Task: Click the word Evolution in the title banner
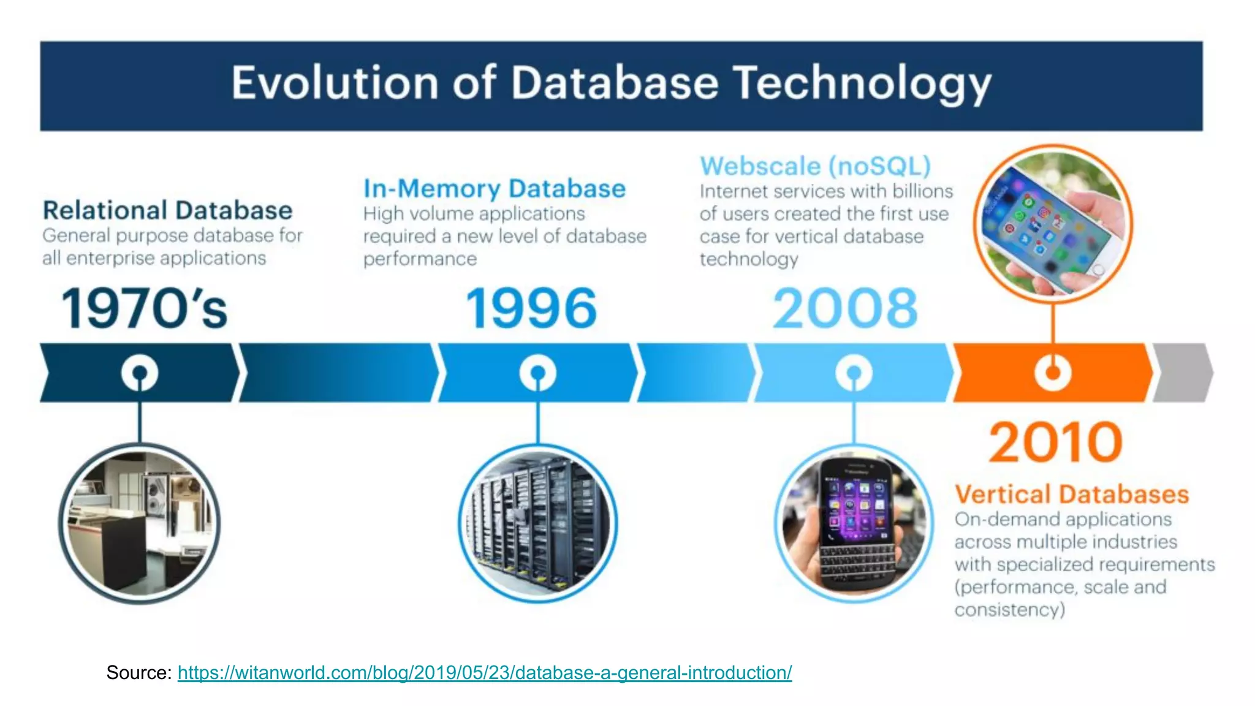tap(334, 83)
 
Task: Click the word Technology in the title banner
tap(863, 83)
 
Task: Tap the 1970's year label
tap(145, 309)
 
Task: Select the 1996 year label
tap(531, 309)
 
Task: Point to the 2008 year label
tap(845, 309)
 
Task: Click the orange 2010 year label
tap(1055, 442)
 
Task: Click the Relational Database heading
tap(167, 210)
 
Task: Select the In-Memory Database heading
tap(495, 188)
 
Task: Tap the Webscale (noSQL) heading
tap(816, 166)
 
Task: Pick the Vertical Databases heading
tap(1072, 494)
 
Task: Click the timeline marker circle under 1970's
tap(140, 373)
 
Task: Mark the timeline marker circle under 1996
tap(537, 373)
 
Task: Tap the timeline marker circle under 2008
tap(854, 373)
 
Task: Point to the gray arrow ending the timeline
tap(1183, 373)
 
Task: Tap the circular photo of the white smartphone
tap(1053, 224)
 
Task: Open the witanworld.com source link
tap(484, 673)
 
